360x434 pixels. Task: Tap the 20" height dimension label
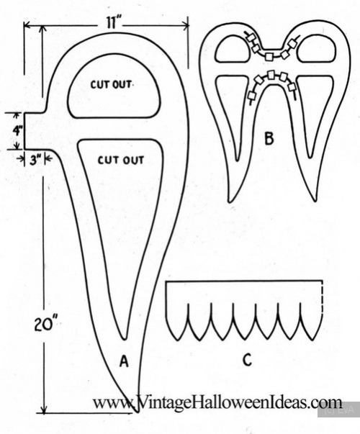click(x=44, y=324)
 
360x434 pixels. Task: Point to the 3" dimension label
click(x=35, y=161)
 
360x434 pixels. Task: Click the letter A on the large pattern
click(x=124, y=362)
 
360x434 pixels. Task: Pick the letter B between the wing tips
click(x=269, y=139)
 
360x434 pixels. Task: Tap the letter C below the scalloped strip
click(x=247, y=360)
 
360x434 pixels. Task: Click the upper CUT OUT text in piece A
click(x=111, y=84)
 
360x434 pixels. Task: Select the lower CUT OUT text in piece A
click(x=121, y=160)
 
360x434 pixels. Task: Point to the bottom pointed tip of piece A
click(x=137, y=412)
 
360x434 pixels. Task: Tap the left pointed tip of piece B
click(x=230, y=201)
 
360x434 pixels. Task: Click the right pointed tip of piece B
click(x=315, y=199)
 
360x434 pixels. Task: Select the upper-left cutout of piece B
click(x=232, y=49)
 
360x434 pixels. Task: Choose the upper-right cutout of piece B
click(x=317, y=49)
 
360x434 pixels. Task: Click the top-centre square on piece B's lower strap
click(x=271, y=75)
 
